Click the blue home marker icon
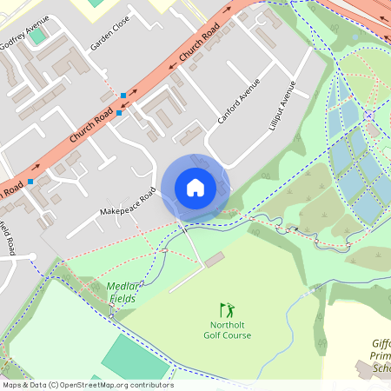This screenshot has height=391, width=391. (195, 188)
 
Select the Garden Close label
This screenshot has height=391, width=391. (110, 31)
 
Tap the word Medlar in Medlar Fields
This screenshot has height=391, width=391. (123, 287)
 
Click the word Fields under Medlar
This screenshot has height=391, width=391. (122, 299)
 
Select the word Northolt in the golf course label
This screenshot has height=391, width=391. (227, 324)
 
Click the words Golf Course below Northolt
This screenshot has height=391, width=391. (227, 335)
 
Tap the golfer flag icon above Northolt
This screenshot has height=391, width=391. (227, 309)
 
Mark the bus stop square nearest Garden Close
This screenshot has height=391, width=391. (124, 95)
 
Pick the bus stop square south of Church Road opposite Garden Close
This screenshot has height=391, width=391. (119, 113)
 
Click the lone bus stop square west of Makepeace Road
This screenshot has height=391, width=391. (30, 182)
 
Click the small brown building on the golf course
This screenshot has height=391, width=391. (214, 260)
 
